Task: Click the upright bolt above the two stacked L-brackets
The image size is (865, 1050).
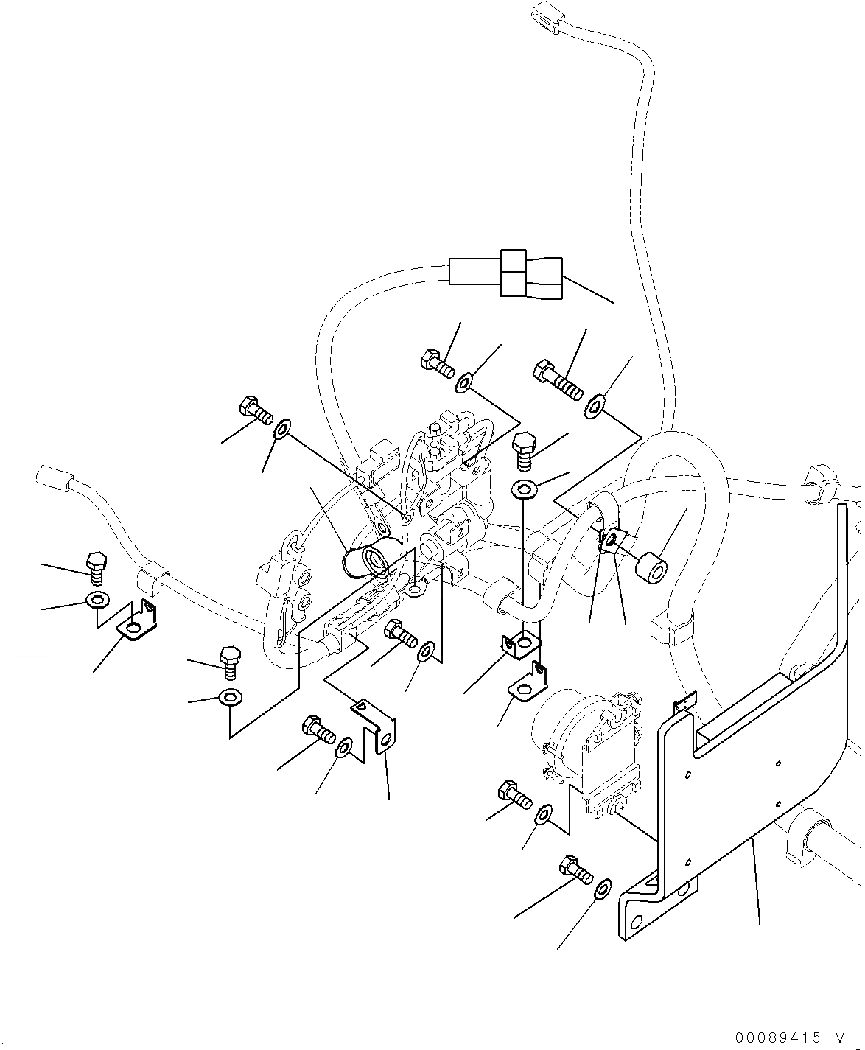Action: (x=522, y=450)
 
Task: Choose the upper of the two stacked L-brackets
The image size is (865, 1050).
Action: (x=519, y=645)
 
